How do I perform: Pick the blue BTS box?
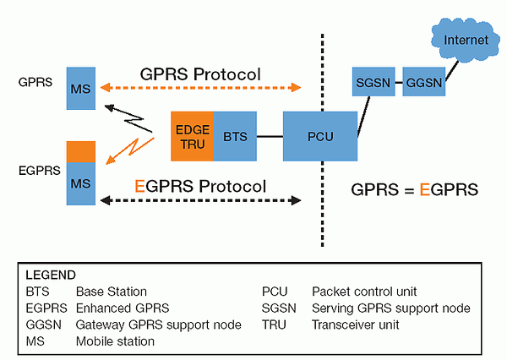[234, 135]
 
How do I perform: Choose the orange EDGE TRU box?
[192, 135]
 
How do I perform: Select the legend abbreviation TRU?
[274, 325]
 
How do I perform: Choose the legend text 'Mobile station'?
[115, 341]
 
